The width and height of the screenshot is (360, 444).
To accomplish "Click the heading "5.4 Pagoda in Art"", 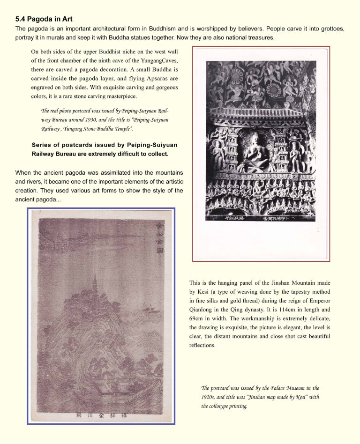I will point(44,19).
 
